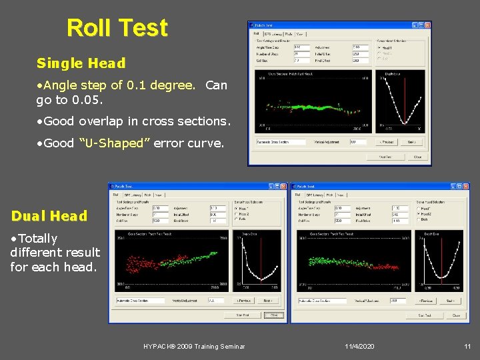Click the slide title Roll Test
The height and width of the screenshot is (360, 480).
(117, 28)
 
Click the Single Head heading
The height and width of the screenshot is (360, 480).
(81, 63)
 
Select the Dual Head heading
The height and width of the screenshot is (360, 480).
(49, 216)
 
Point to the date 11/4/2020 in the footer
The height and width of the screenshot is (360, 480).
(360, 347)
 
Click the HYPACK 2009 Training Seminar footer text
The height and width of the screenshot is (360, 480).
(194, 347)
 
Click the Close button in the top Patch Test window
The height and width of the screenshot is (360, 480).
(417, 157)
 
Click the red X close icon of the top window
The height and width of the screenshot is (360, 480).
(427, 25)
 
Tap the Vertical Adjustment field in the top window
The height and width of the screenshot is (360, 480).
(357, 141)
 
